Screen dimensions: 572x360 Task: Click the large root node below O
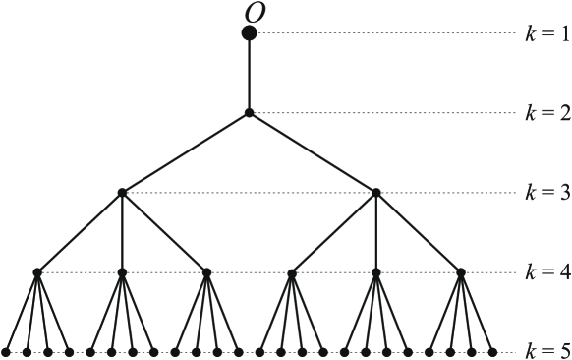tap(250, 33)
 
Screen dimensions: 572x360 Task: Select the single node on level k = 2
tap(250, 113)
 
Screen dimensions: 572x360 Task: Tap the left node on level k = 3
tap(122, 193)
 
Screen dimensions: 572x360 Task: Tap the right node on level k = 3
tap(376, 193)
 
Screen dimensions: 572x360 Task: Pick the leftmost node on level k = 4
tap(37, 272)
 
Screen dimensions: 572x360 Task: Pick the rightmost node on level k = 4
tap(461, 272)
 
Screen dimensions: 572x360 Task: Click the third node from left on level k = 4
tap(206, 272)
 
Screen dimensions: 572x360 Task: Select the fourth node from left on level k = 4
tap(292, 272)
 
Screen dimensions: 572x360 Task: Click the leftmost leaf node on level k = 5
tap(6, 351)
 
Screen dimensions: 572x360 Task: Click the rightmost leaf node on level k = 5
tap(492, 351)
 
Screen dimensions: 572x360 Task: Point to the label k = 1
tap(546, 33)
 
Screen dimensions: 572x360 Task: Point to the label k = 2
tap(546, 113)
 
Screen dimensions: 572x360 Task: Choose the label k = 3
tap(546, 193)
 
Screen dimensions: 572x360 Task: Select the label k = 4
tap(546, 272)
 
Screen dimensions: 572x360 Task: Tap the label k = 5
tap(546, 351)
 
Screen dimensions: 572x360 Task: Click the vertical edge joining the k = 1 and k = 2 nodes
tap(250, 74)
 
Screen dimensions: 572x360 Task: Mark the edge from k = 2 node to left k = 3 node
tap(186, 152)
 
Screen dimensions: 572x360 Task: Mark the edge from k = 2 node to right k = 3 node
tap(313, 152)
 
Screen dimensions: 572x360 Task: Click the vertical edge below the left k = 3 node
tap(122, 233)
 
